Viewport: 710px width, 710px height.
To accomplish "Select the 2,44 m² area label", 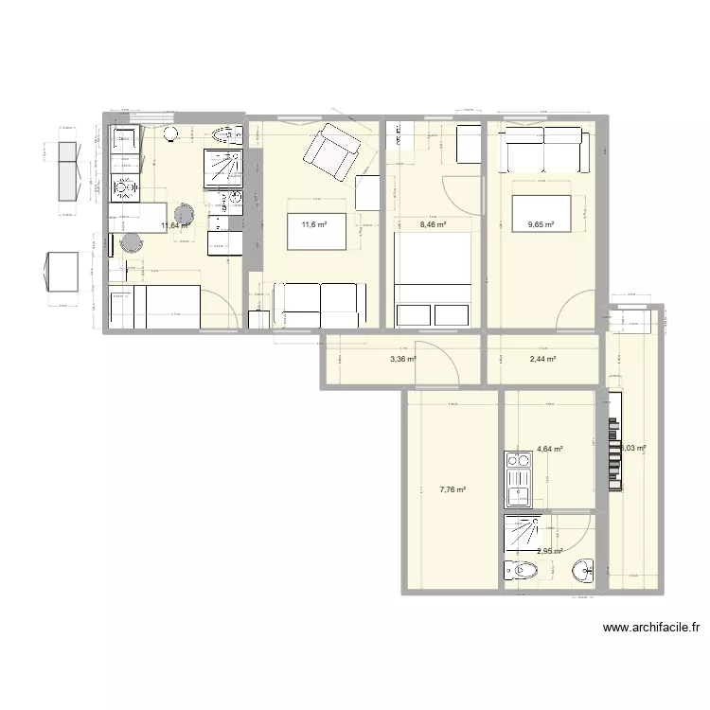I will [541, 360].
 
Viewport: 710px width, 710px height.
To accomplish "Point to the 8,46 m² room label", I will [432, 224].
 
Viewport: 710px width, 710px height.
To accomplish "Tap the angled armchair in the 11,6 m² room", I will [333, 151].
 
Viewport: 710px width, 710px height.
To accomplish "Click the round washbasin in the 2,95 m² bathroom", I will [581, 570].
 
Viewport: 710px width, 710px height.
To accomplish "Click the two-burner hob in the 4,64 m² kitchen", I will [520, 461].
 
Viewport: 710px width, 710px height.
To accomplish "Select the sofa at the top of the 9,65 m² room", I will [544, 147].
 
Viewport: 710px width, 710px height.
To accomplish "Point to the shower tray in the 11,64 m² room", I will [224, 169].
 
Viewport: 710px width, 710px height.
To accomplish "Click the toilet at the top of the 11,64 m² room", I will [225, 136].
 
